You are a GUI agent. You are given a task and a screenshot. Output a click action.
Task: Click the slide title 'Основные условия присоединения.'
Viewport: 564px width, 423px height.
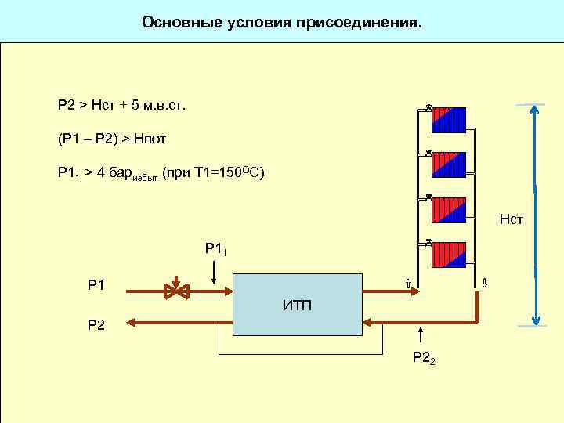click(281, 22)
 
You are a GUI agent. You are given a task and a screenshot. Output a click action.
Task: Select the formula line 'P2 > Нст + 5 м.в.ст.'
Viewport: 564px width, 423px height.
click(121, 104)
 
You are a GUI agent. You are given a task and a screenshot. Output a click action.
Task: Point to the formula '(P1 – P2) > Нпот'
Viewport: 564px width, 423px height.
click(112, 139)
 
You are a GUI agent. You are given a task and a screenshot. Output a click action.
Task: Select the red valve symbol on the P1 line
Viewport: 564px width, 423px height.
click(176, 290)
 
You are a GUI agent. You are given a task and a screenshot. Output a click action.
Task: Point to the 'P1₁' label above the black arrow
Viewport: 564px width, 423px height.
click(216, 249)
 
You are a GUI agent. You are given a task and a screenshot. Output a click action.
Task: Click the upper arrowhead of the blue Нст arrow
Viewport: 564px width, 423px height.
click(535, 110)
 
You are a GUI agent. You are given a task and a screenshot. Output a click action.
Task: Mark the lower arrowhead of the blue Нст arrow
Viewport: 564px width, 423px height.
click(535, 319)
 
